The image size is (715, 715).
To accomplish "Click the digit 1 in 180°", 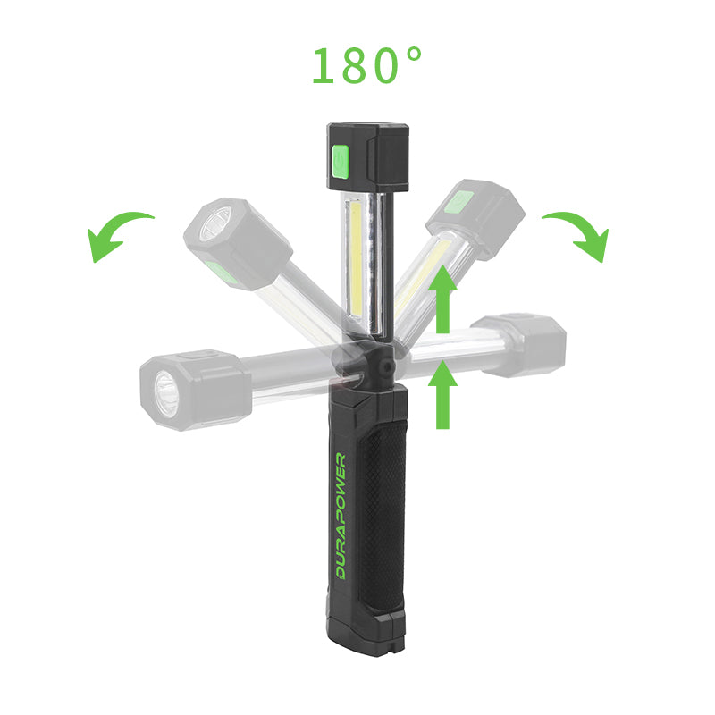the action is [x=323, y=65].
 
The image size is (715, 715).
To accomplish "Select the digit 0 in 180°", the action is [x=384, y=65].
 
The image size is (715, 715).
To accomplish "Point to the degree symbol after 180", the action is [x=414, y=55].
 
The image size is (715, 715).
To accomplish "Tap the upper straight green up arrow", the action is [x=442, y=299].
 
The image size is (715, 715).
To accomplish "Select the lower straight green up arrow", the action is [x=442, y=394].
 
